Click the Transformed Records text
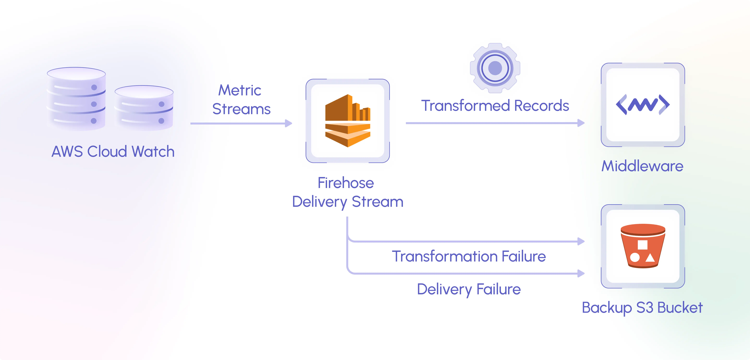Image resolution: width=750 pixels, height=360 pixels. (495, 106)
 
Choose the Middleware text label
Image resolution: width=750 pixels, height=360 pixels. (642, 166)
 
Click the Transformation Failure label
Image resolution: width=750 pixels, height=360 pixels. (469, 256)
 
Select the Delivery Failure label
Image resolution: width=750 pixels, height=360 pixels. (469, 289)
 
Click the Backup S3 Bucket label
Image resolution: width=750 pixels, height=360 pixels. (642, 308)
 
